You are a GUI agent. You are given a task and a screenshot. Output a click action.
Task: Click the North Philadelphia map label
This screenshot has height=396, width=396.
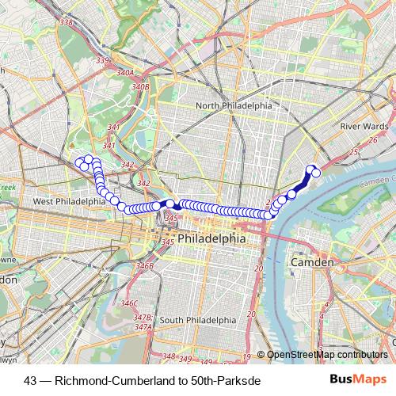tap(234, 105)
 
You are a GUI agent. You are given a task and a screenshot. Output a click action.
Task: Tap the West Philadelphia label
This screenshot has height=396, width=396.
tap(69, 202)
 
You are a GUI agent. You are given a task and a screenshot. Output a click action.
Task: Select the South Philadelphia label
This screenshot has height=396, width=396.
tap(198, 320)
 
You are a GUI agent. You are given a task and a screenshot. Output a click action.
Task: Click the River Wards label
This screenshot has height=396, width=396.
tap(363, 125)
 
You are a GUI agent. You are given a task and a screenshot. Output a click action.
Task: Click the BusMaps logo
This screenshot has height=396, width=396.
tap(358, 379)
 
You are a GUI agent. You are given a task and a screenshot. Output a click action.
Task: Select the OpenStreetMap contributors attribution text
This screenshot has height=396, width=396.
tap(327, 355)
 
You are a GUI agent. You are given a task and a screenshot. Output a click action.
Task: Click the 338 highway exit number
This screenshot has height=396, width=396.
tap(66, 22)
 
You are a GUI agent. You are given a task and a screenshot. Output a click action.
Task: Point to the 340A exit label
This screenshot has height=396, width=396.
tap(125, 72)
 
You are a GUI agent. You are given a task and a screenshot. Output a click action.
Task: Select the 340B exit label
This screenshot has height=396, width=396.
tap(140, 86)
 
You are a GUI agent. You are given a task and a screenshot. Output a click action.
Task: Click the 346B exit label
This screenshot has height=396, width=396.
tap(144, 266)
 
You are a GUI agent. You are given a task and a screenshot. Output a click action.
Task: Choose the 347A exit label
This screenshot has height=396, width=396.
tap(143, 326)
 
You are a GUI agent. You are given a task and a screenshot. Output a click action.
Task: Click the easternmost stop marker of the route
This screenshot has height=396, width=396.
tap(316, 172)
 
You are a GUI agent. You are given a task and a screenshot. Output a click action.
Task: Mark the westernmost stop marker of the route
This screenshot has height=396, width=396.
tap(79, 162)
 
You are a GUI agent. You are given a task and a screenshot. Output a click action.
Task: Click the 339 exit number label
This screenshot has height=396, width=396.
tap(101, 60)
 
